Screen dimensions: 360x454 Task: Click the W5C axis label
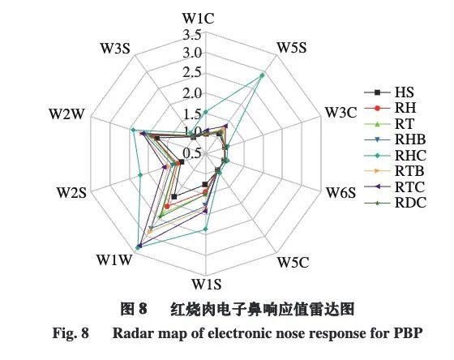(x=293, y=262)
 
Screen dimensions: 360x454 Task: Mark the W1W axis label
(x=113, y=259)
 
